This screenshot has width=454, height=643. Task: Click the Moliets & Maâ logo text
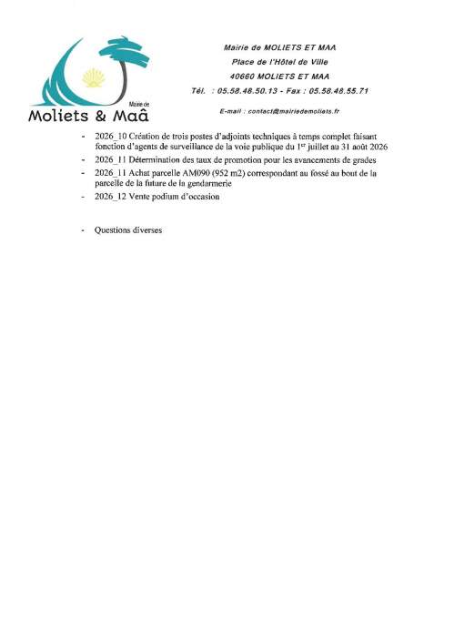pos(89,116)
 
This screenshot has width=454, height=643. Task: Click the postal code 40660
pos(244,77)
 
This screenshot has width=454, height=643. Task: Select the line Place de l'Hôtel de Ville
pos(279,62)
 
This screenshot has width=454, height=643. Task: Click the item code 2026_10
pos(111,135)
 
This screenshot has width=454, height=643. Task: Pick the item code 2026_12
pos(111,197)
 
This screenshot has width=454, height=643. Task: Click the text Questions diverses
pos(127,230)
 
